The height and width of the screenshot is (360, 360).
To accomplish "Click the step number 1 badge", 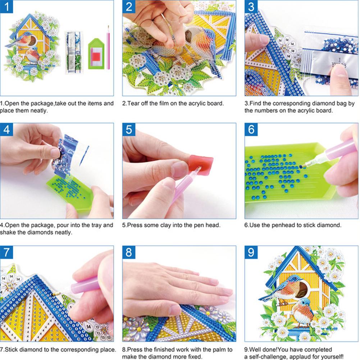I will coord(7,7).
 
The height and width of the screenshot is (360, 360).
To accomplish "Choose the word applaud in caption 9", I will coord(296,356).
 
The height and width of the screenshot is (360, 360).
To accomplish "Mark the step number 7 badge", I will coord(7,252).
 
